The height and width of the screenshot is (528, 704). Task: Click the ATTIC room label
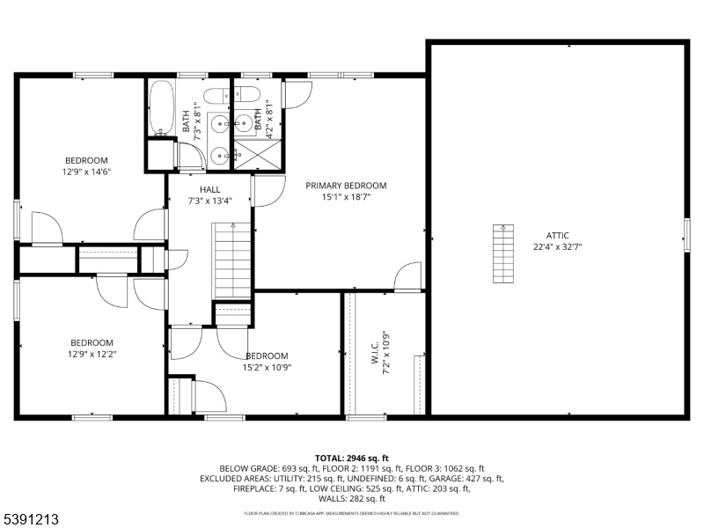[557, 235]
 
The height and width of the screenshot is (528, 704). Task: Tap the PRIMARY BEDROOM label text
[346, 186]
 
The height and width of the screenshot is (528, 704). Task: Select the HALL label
[209, 189]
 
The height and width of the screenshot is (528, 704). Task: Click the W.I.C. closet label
[376, 354]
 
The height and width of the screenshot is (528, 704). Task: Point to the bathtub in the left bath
[161, 107]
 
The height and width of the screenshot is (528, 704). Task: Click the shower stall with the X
[258, 155]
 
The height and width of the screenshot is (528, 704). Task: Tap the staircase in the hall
[232, 260]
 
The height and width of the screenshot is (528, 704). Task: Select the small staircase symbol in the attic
[503, 253]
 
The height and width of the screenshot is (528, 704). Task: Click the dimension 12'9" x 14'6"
[86, 172]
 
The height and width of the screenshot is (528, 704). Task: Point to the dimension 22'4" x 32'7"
[557, 246]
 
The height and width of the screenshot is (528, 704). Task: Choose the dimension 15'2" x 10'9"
[267, 367]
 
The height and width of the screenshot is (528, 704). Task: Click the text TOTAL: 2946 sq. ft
[351, 458]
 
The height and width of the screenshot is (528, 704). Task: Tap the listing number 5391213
[30, 519]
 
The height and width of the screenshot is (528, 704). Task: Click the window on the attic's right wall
[687, 235]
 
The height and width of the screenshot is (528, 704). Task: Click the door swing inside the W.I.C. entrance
[407, 276]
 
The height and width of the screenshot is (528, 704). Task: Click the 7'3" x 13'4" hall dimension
[209, 201]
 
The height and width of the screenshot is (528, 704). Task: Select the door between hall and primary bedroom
[268, 191]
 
